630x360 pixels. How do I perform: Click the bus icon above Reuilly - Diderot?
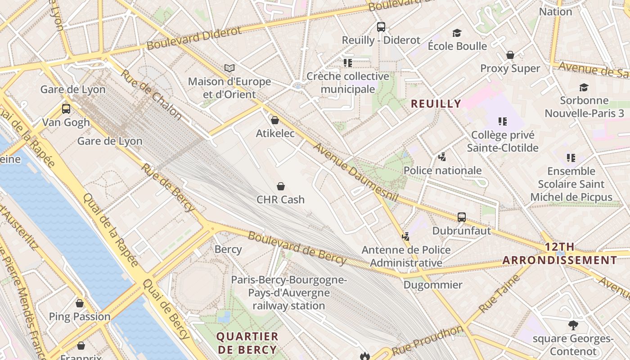pos(381,27)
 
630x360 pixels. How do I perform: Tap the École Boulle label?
pos(457,46)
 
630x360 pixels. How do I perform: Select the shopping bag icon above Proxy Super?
pos(510,55)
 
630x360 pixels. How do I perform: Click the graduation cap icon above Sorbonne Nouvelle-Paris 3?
pos(584,87)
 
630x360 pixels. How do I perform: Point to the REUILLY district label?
pos(436,103)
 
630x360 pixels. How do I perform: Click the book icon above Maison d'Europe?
pos(229,68)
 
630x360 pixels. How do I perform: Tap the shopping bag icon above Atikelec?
pos(274,120)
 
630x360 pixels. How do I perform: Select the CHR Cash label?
pos(280,199)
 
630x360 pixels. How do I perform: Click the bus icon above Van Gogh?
pos(66,109)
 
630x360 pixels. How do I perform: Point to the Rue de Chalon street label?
pos(151,95)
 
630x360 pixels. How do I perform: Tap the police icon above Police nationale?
pos(442,157)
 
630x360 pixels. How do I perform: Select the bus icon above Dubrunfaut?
pos(461,217)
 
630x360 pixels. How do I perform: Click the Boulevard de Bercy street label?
pos(297,248)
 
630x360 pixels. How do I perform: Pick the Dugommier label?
pos(432,285)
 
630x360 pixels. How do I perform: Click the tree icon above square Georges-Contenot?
pos(573,325)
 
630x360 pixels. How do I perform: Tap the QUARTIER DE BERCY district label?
pos(247,343)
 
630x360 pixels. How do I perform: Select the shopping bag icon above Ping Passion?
pos(80,303)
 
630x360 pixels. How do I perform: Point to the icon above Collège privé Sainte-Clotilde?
pos(502,121)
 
